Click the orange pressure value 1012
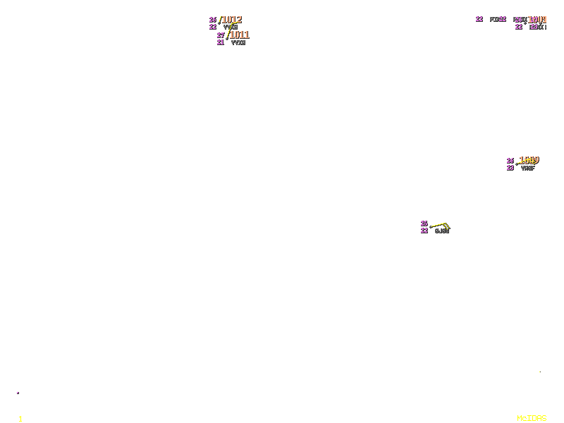232,20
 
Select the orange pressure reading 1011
239,35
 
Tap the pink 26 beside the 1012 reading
213,20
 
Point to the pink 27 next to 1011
221,35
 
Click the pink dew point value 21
221,42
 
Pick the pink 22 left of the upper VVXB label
213,27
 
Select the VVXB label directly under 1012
231,27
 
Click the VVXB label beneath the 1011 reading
238,42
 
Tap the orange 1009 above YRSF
529,160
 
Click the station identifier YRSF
528,168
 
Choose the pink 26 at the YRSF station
510,161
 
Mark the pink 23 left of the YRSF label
510,168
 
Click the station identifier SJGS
442,231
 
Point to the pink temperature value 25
424,223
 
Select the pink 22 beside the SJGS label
424,231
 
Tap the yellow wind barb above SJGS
440,225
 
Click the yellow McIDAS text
532,418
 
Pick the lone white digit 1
20,419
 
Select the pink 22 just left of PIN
479,19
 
